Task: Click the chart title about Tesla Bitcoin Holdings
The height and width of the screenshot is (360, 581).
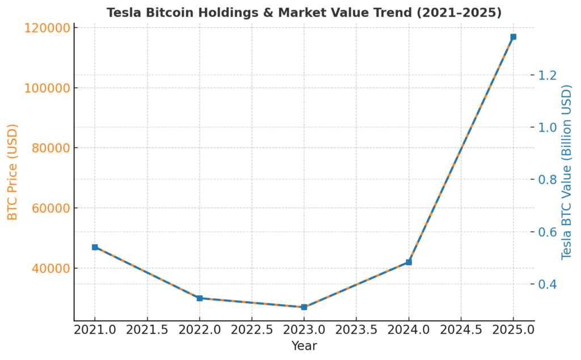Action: coord(304,12)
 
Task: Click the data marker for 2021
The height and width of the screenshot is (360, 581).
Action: coord(95,247)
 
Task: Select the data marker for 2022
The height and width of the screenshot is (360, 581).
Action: coord(200,298)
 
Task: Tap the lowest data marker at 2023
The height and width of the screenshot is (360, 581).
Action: coord(304,307)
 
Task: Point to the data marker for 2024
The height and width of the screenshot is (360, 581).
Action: coord(409,262)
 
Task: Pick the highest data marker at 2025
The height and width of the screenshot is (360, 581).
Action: coord(513,37)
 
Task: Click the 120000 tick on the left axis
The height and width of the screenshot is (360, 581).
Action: coord(48,28)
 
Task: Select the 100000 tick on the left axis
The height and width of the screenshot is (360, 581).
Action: coord(48,88)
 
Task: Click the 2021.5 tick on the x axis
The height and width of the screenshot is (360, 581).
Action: coord(148,330)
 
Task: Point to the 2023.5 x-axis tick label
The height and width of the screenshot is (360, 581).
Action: coord(356,330)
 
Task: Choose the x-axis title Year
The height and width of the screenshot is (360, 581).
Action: coord(304,346)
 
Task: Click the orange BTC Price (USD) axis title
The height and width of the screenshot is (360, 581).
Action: coord(12,172)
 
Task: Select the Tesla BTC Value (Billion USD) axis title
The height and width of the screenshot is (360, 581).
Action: coord(567,172)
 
